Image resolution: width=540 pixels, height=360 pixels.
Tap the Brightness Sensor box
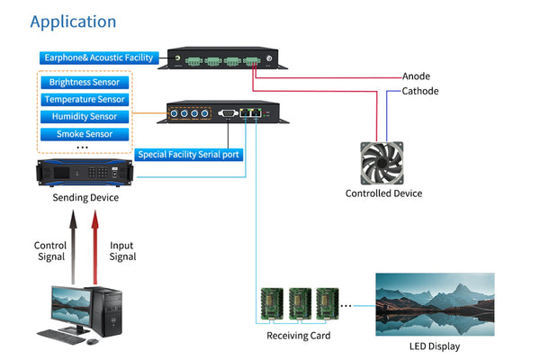84,83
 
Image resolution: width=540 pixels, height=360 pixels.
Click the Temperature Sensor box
84,100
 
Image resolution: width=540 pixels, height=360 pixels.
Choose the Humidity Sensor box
84,116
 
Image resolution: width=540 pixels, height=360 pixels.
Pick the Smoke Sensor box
84,133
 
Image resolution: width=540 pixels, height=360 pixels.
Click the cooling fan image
383,160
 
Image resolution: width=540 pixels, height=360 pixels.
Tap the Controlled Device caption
383,193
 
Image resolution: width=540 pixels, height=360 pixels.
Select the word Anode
415,76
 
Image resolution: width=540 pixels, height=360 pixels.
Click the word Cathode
420,91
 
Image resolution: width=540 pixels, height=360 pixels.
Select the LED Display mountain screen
435,304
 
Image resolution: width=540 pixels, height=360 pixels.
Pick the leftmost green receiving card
272,304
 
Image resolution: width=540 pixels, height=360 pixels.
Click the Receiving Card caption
298,336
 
